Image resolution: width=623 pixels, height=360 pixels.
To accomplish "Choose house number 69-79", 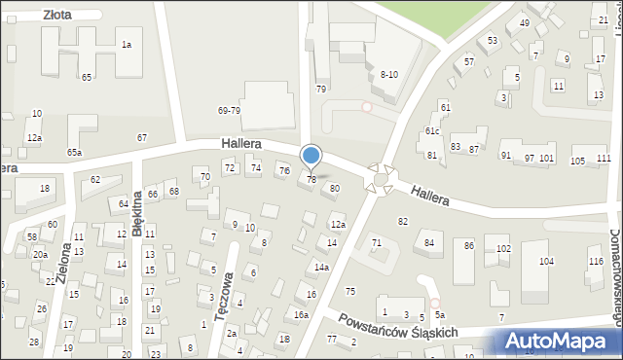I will pyautogui.click(x=229, y=111).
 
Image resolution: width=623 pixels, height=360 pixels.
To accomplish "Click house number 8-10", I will pyautogui.click(x=389, y=74).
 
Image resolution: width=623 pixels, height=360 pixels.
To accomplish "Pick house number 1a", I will pyautogui.click(x=126, y=45).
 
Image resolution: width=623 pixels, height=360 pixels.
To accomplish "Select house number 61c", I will pyautogui.click(x=432, y=130).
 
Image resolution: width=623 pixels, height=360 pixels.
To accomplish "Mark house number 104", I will pyautogui.click(x=547, y=261).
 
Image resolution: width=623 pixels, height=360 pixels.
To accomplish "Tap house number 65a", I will pyautogui.click(x=74, y=152).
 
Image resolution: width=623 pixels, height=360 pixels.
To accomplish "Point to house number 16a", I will pyautogui.click(x=302, y=314).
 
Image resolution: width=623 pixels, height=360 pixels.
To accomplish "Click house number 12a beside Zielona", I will pyautogui.click(x=34, y=138).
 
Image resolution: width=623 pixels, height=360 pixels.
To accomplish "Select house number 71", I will pyautogui.click(x=376, y=241).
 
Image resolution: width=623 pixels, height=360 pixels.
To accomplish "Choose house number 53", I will pyautogui.click(x=493, y=40).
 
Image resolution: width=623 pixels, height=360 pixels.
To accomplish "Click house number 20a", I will pyautogui.click(x=40, y=254).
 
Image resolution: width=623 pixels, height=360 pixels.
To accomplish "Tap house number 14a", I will pyautogui.click(x=321, y=267).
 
